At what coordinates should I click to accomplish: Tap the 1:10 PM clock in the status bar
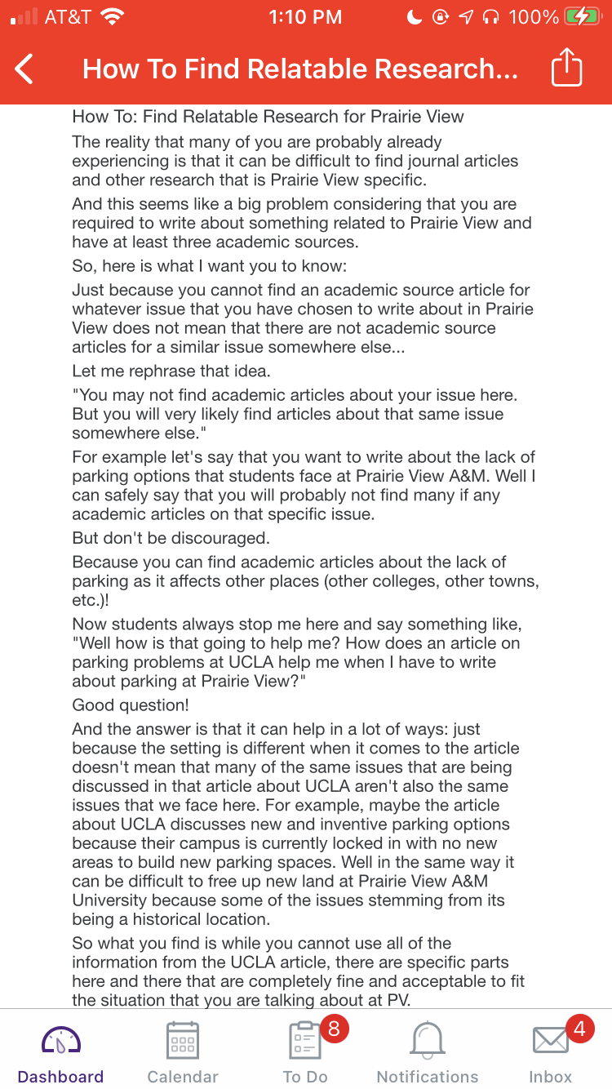pyautogui.click(x=305, y=17)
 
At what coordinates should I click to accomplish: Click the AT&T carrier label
pyautogui.click(x=68, y=17)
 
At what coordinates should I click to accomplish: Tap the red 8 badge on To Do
pyautogui.click(x=333, y=1029)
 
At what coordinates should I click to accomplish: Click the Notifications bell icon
pyautogui.click(x=428, y=1040)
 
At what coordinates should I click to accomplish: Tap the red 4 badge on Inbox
pyautogui.click(x=579, y=1029)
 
